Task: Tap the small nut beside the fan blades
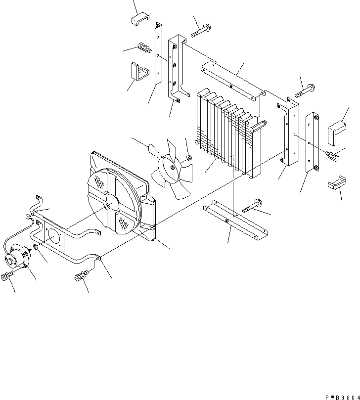click(x=189, y=158)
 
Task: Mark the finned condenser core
click(x=227, y=131)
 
